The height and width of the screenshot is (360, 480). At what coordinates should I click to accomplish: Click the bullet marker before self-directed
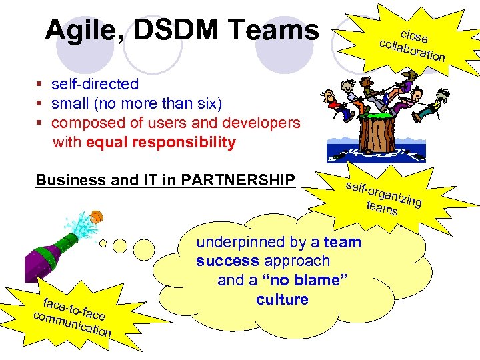tap(40, 85)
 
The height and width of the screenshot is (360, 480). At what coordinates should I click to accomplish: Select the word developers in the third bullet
tap(263, 123)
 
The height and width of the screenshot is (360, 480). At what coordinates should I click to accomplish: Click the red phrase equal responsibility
tap(167, 142)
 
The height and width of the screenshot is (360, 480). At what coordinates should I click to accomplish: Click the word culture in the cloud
tap(282, 299)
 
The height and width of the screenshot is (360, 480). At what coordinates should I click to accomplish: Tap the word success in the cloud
tap(227, 261)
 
